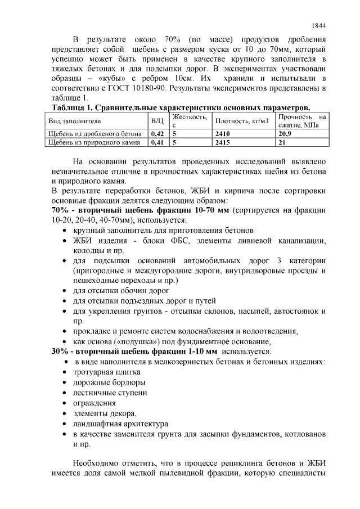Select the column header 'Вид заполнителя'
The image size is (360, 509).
tap(74, 121)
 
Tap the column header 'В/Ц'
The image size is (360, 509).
tap(157, 121)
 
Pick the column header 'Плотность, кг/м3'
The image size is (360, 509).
tap(242, 121)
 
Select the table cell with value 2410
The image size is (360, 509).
tap(223, 134)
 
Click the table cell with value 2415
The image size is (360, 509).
tap(223, 142)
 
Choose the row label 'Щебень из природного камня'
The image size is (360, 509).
tap(94, 142)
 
